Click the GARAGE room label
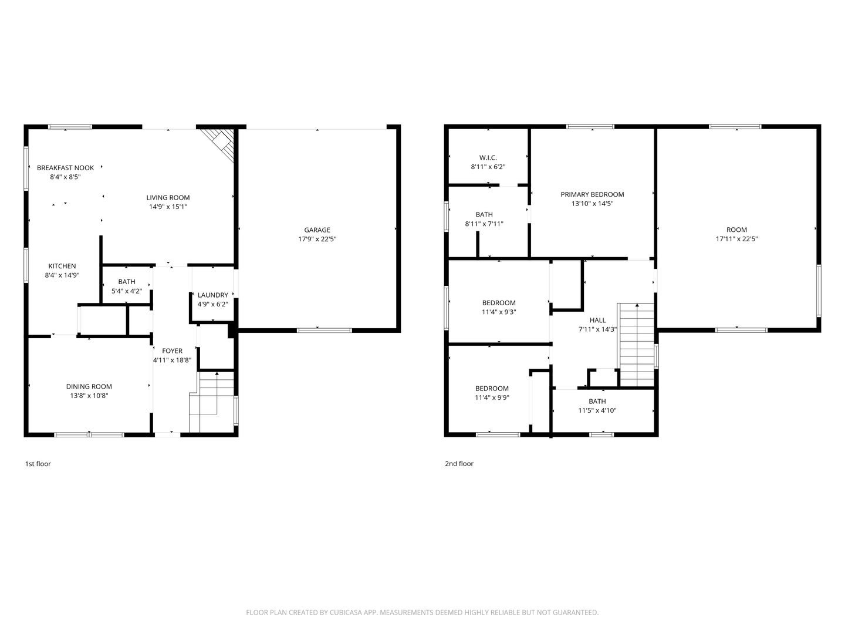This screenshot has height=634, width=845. click(x=317, y=230)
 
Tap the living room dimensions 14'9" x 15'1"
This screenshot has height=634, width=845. click(x=168, y=207)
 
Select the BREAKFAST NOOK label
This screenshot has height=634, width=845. click(x=65, y=168)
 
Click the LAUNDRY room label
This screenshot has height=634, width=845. click(x=212, y=295)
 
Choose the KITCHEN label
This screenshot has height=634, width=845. click(x=62, y=267)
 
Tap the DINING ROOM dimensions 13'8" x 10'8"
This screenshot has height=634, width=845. click(x=89, y=396)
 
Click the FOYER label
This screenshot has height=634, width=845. click(x=172, y=351)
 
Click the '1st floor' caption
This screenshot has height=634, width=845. click(x=38, y=464)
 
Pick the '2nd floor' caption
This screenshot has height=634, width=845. click(x=459, y=464)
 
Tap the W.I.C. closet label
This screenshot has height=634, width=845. click(x=488, y=158)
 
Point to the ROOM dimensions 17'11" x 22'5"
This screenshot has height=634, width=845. click(x=736, y=239)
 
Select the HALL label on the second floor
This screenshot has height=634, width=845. click(x=597, y=321)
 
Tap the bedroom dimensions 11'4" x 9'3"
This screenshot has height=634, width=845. click(x=499, y=312)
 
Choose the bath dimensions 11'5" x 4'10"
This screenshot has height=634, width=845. click(x=597, y=411)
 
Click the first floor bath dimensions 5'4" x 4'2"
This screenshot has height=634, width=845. click(x=127, y=291)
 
